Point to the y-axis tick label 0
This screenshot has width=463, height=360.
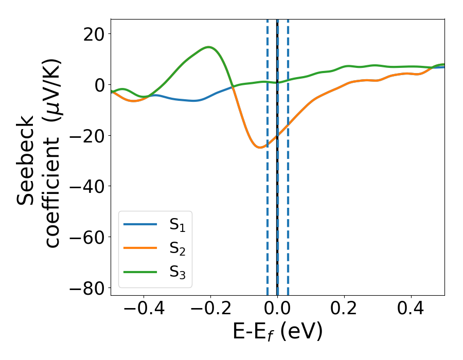99,84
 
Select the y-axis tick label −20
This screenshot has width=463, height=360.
86,135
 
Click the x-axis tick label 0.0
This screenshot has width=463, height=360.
277,309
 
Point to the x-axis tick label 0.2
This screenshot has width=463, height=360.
344,309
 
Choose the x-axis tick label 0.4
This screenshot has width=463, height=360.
411,309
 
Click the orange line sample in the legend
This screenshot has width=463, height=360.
140,248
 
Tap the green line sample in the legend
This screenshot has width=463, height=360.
140,272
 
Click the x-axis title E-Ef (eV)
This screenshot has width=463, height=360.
277,332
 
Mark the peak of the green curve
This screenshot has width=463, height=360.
209,47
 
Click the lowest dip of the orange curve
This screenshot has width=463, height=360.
260,148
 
